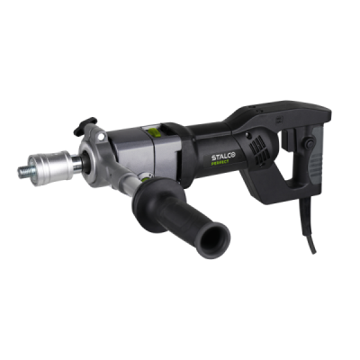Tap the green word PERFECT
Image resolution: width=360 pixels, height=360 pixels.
[220, 162]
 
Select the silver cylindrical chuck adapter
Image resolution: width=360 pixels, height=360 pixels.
[51, 167]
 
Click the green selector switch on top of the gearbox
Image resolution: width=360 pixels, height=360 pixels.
[153, 131]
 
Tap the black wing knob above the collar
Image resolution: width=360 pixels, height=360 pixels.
[85, 123]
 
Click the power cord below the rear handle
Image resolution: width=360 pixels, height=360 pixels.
[308, 227]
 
